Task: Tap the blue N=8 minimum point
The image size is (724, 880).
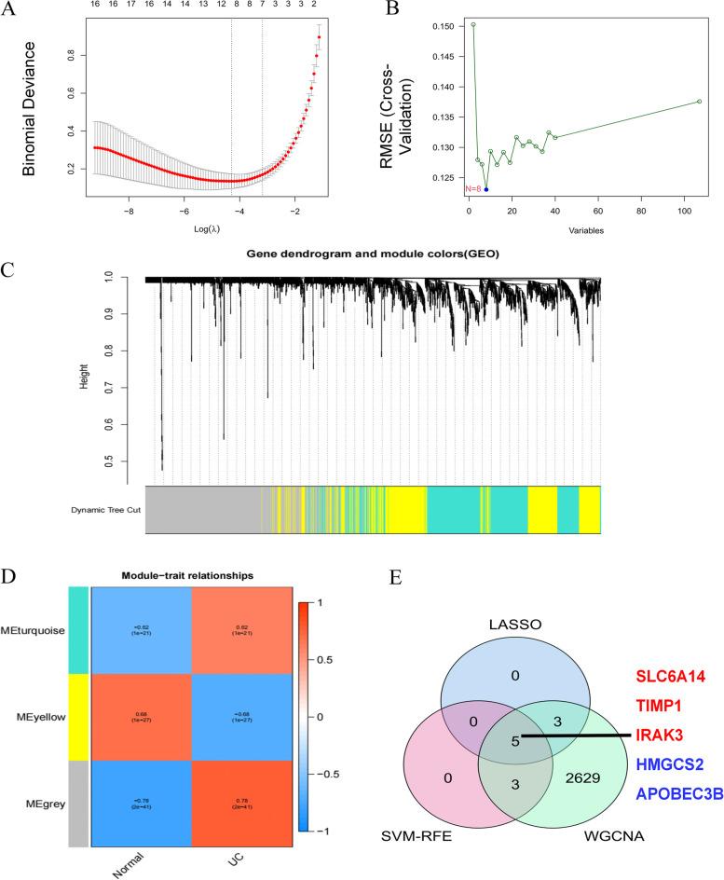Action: [486, 189]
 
